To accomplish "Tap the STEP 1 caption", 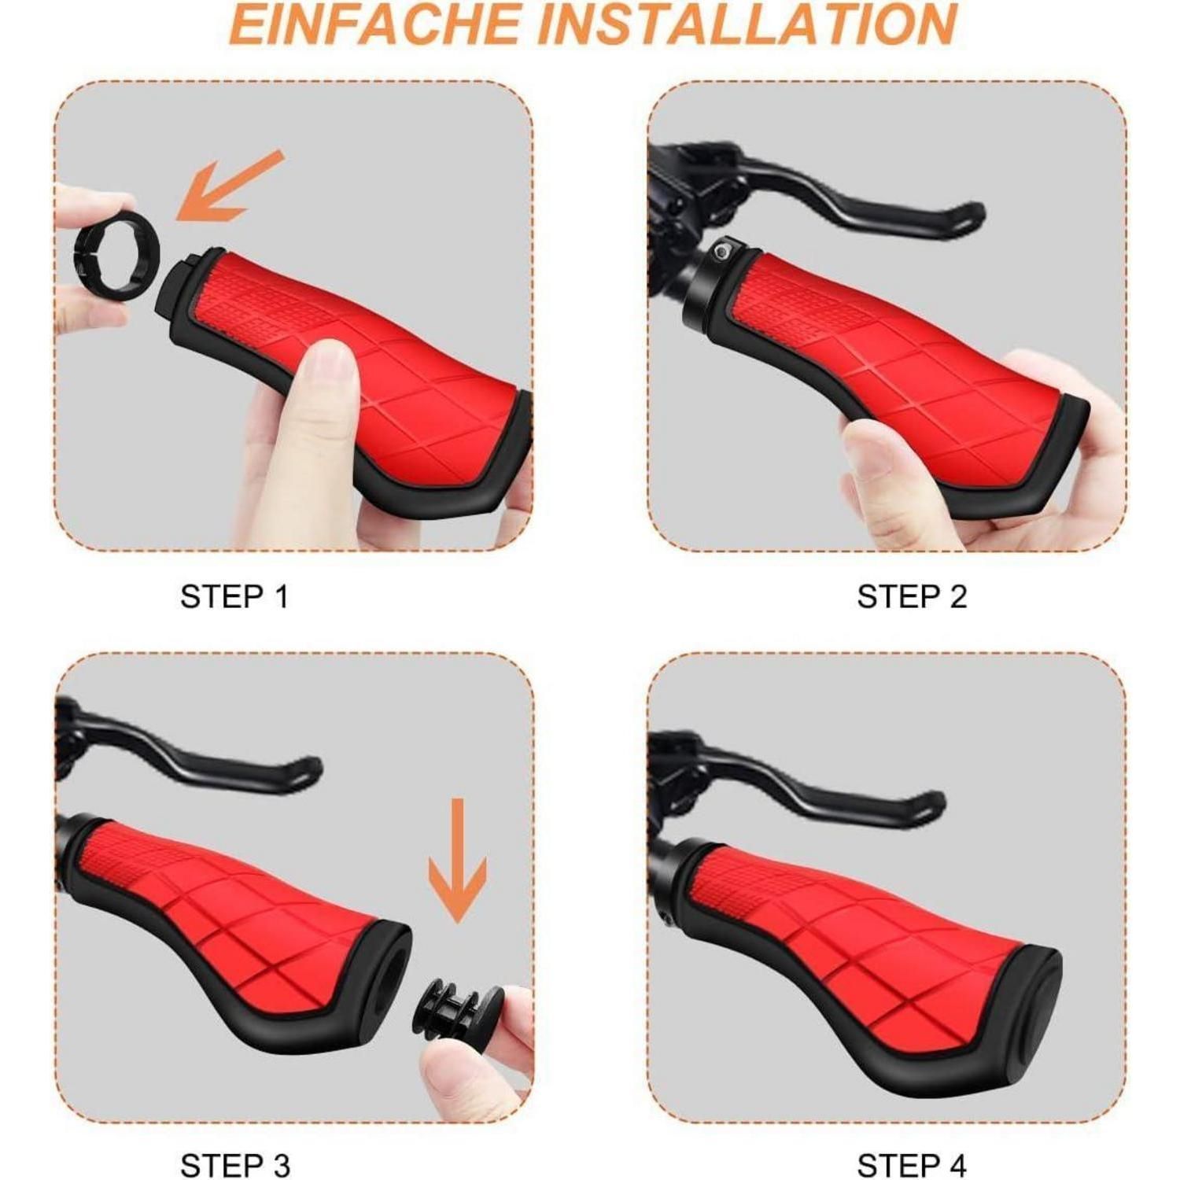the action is (x=234, y=597).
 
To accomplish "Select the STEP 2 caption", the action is (x=912, y=597).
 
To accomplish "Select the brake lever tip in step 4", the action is (x=937, y=799).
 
